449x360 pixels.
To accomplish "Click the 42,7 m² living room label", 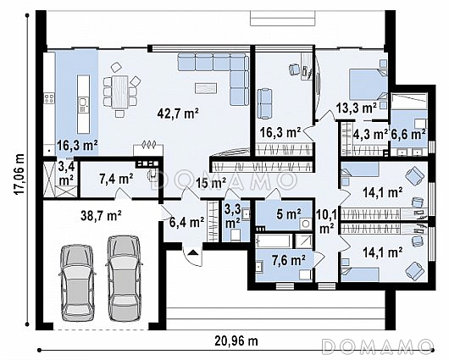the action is [178, 114].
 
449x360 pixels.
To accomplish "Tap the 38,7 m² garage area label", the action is [102, 215].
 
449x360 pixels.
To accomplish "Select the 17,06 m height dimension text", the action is [19, 174].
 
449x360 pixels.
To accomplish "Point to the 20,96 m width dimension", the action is [236, 341].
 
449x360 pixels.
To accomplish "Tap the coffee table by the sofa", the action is [206, 88].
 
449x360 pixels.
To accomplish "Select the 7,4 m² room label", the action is [116, 180].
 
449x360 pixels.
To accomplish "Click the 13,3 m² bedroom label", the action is [356, 108].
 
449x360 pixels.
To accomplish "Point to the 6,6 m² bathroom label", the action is [408, 134].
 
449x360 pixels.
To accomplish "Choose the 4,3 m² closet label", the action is [370, 134].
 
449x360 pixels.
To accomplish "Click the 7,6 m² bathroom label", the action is [288, 260].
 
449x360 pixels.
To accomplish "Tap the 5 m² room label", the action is [289, 214].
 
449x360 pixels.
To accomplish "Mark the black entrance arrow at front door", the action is [193, 252].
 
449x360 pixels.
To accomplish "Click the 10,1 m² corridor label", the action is [326, 220].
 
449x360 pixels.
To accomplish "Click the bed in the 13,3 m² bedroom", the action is [369, 85].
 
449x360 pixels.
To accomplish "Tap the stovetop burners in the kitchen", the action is [48, 99].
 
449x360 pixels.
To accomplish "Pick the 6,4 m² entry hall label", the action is [186, 222].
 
